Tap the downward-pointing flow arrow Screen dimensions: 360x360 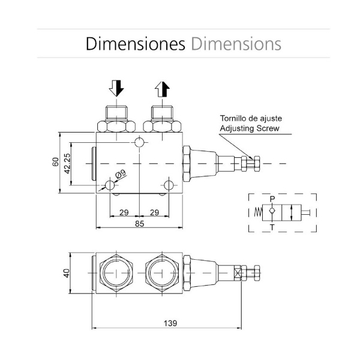coord(116,89)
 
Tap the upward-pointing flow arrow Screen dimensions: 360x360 coord(162,89)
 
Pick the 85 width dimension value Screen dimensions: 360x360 coord(139,224)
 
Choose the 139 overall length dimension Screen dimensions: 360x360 coord(170,323)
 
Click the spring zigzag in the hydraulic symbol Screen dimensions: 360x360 coord(257,212)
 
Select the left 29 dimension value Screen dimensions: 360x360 coord(124,212)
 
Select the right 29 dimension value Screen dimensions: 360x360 coord(154,212)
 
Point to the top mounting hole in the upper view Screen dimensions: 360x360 coord(140,142)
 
